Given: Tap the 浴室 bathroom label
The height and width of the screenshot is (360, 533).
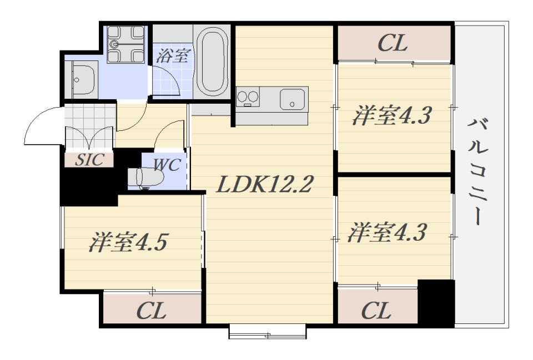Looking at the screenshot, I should (174, 55).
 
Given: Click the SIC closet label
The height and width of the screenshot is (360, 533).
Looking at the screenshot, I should (90, 160).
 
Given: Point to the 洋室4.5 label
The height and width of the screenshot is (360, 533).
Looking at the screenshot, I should (128, 243).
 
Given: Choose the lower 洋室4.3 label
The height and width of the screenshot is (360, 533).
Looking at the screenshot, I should (386, 232).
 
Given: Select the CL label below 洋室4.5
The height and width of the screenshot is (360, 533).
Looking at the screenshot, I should (151, 311).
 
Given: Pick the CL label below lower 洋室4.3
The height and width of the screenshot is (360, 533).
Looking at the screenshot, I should (376, 311).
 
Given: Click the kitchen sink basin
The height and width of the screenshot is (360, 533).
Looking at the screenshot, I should (293, 100).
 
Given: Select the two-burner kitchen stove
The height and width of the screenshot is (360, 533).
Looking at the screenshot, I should (248, 98).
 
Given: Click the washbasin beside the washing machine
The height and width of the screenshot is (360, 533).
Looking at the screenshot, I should (82, 79).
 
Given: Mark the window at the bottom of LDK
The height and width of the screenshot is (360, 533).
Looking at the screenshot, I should (268, 333).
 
